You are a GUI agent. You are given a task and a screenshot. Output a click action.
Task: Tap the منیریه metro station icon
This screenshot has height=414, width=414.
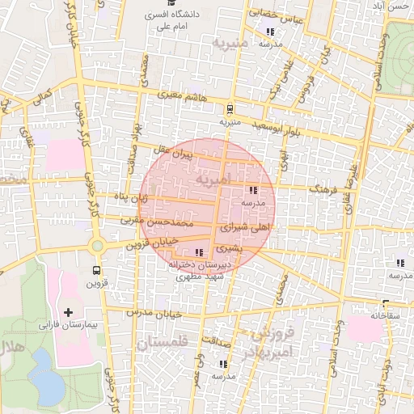(230, 108)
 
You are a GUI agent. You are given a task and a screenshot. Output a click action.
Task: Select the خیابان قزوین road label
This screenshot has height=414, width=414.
(154, 240)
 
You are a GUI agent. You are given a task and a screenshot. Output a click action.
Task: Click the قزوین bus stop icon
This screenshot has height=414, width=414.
(97, 270)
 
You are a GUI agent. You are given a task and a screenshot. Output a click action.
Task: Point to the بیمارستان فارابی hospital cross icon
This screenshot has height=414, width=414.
(67, 312)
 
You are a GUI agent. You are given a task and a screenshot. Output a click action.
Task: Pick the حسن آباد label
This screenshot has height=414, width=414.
(395, 6)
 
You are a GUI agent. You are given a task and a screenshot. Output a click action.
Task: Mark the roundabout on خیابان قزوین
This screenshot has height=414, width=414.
(97, 245)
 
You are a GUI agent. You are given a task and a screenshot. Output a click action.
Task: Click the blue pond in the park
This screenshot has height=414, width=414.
(49, 387)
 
